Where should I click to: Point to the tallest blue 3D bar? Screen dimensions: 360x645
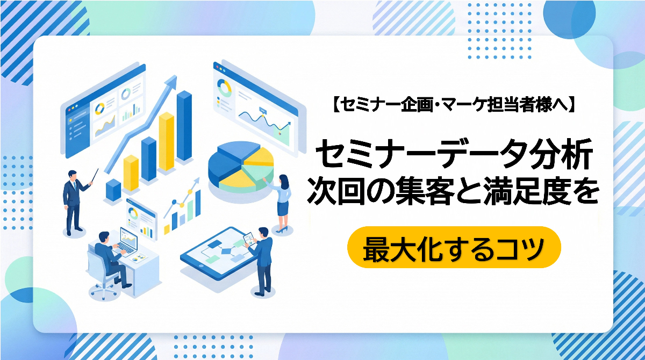[x=184, y=126]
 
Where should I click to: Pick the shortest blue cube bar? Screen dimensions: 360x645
[x=113, y=190]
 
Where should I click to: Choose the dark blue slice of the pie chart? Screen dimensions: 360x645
[x=226, y=161]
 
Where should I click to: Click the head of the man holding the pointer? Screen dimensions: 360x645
[x=73, y=175]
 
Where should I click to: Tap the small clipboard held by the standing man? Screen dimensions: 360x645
[x=248, y=237]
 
